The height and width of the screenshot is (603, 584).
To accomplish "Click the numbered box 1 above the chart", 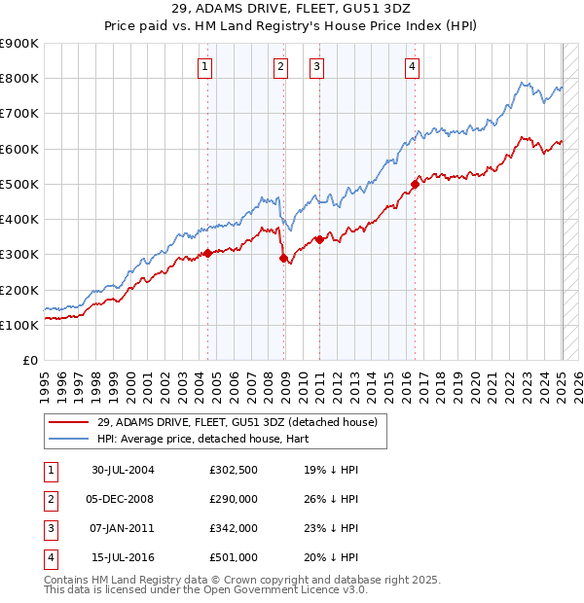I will [x=205, y=67].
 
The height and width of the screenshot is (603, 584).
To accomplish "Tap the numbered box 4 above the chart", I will [x=413, y=67].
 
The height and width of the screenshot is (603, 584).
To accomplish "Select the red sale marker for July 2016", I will [x=415, y=183].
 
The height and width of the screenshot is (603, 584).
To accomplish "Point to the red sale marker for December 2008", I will [x=284, y=258].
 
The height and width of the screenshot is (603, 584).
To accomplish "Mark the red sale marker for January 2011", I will [x=319, y=239].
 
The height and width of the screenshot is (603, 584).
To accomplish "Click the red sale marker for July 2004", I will [x=207, y=253].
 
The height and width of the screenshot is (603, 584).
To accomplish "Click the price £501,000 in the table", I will [x=233, y=557].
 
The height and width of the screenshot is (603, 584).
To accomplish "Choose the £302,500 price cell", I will [x=233, y=470].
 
